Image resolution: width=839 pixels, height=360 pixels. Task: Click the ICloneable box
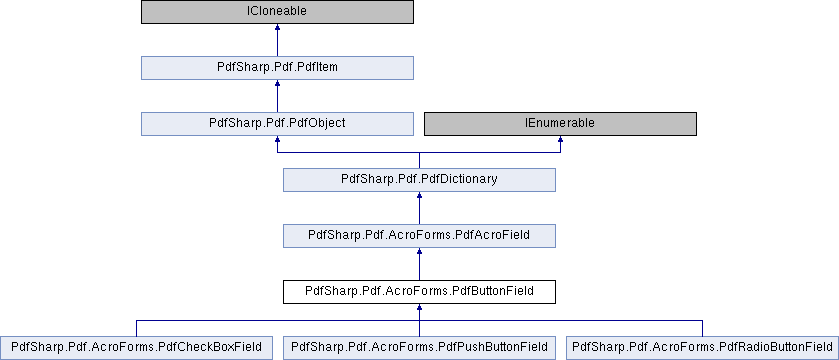[277, 12]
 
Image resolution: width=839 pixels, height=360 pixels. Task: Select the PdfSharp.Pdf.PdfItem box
[277, 68]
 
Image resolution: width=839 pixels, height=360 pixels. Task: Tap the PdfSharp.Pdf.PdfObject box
[277, 124]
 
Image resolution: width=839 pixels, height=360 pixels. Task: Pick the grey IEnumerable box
[560, 124]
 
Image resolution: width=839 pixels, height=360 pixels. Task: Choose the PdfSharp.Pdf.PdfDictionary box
[419, 180]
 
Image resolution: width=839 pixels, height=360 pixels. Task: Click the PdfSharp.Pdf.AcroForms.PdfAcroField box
[419, 236]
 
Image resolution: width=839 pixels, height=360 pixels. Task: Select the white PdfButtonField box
[419, 292]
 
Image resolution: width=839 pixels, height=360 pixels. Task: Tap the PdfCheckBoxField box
[136, 347]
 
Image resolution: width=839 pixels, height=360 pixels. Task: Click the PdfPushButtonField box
[419, 347]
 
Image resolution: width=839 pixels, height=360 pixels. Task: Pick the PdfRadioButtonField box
[702, 347]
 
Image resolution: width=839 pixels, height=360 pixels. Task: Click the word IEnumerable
[560, 124]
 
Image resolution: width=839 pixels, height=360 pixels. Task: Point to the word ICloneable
[277, 12]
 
